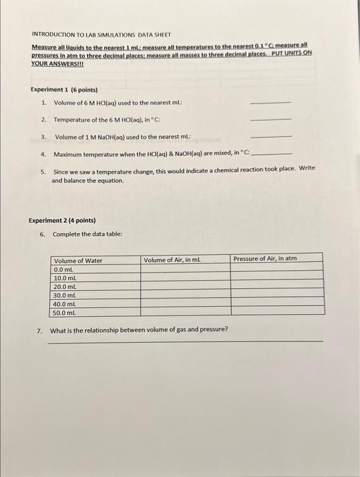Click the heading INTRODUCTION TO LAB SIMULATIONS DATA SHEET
[x=102, y=33]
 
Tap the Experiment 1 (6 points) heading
[x=64, y=89]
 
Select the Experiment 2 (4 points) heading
[x=62, y=220]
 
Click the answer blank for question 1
[x=271, y=103]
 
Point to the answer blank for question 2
[x=271, y=120]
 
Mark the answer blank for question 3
[x=271, y=136]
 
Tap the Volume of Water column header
[x=78, y=260]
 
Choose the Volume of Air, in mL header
[x=172, y=260]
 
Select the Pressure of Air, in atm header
[x=265, y=258]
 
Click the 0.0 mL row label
[x=63, y=269]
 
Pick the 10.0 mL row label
[x=65, y=278]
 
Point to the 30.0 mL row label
[x=65, y=295]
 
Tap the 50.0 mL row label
[x=65, y=313]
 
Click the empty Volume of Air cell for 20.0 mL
[x=185, y=286]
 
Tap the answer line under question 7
[x=185, y=341]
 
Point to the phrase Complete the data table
[x=87, y=234]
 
